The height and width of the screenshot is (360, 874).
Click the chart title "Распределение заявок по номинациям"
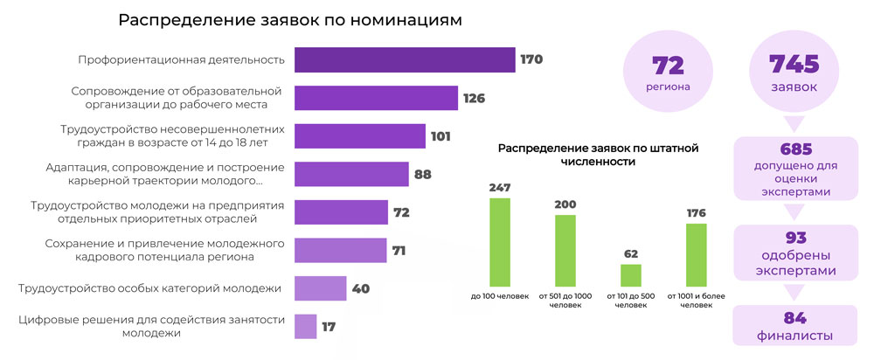pos(289,20)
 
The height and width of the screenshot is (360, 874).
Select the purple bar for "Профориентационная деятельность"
pos(404,59)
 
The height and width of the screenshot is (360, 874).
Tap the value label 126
pos(474,98)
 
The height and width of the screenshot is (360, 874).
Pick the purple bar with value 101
pos(359,136)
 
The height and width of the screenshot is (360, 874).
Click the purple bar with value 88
pos(351,175)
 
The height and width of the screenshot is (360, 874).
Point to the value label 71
pos(399,251)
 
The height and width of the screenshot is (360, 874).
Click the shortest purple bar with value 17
pos(305,327)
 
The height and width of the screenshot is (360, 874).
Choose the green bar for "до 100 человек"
pos(500,242)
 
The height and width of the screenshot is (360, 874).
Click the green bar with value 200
pos(565,250)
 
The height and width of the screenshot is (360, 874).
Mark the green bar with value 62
pos(631,275)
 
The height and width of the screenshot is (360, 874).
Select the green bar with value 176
pos(697,254)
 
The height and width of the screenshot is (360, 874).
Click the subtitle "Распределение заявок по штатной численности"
pos(598,155)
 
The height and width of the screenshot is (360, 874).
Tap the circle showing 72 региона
pos(668,73)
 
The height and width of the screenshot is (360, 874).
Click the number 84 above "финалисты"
pos(794,318)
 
